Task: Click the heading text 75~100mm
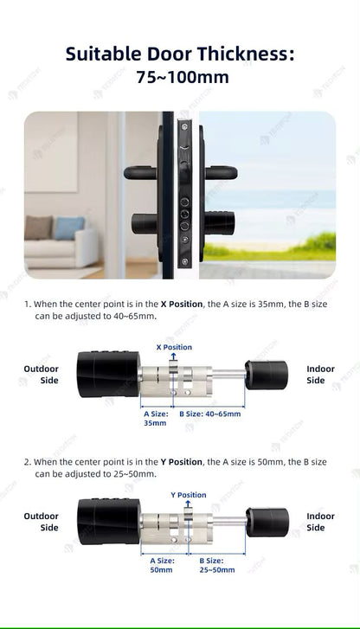(x=182, y=77)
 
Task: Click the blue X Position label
(x=174, y=347)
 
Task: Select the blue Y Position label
(x=189, y=495)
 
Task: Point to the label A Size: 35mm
(x=156, y=418)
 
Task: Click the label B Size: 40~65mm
(x=210, y=414)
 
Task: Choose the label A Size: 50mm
(x=162, y=566)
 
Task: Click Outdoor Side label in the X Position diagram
(x=41, y=375)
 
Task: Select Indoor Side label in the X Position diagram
(x=320, y=375)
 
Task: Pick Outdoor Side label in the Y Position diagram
(x=41, y=522)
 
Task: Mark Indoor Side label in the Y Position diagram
(x=320, y=522)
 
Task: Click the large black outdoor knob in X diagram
(x=107, y=374)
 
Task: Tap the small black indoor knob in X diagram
(x=267, y=375)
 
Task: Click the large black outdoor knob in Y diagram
(x=107, y=521)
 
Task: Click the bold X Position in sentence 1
(x=180, y=305)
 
